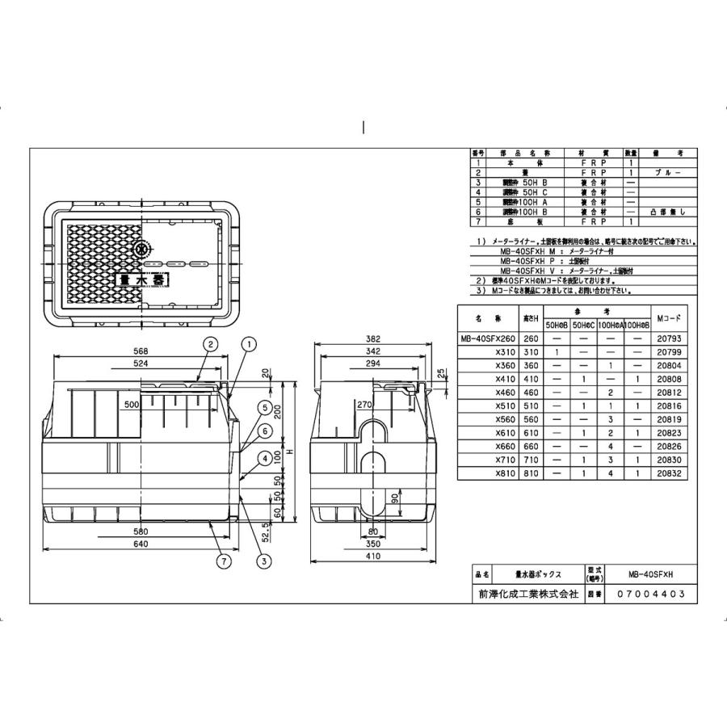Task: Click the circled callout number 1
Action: point(249,344)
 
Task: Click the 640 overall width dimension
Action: point(141,544)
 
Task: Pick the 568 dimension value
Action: point(141,351)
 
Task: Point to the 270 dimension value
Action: point(363,404)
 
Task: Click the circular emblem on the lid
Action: point(143,250)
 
